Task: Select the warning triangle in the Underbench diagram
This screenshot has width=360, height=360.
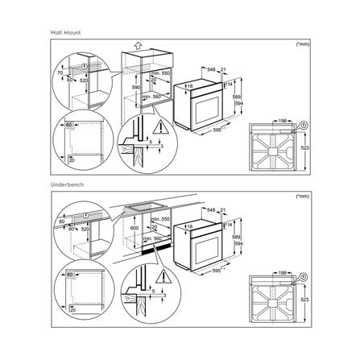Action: click(x=164, y=279)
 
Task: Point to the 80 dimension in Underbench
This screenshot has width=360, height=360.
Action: click(x=60, y=223)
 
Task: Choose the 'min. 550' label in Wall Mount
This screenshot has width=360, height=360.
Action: click(x=160, y=72)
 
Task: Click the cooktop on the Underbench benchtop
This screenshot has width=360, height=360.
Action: click(x=146, y=208)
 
